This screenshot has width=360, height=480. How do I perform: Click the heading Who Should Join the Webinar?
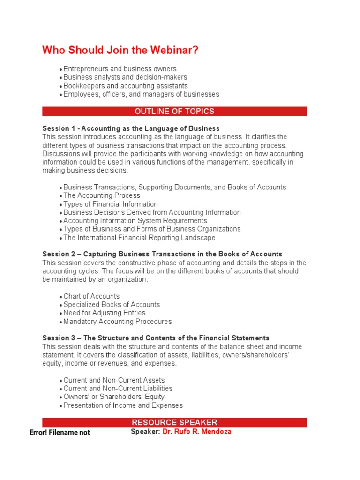(120, 50)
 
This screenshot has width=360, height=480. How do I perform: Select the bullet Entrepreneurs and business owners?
(120, 69)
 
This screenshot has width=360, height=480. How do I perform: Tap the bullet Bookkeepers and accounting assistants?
(125, 86)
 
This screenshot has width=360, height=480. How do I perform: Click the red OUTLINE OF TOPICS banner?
(174, 111)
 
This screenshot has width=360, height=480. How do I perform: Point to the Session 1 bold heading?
(131, 128)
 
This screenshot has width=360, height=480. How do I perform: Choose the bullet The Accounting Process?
(101, 195)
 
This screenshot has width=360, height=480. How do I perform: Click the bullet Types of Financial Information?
(110, 204)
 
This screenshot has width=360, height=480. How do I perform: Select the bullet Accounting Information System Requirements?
(135, 221)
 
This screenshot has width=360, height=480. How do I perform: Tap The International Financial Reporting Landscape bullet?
(139, 238)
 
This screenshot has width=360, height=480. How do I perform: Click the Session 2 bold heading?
(162, 254)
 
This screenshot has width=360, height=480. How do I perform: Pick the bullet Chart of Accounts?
(91, 296)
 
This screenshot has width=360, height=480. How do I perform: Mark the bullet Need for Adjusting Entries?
(104, 313)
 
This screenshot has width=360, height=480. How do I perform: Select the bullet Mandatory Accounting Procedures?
(117, 322)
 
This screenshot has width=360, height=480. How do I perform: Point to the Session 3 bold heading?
(156, 338)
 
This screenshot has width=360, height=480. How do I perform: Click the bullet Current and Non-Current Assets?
(114, 380)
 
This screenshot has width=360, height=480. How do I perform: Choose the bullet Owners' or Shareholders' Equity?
(114, 397)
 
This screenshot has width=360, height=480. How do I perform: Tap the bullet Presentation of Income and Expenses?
(123, 405)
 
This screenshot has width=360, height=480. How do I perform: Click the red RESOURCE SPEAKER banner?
(174, 422)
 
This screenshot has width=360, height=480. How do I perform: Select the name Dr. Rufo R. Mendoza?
(196, 432)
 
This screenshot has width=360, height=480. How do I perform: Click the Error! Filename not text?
(60, 433)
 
